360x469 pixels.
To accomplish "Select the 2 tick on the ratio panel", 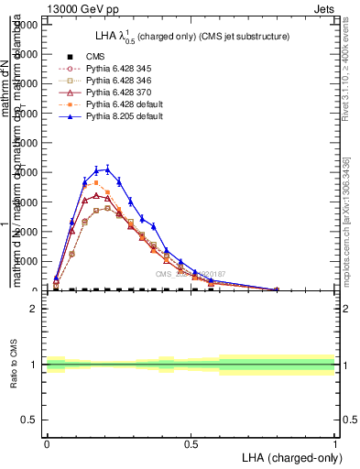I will point(36,309).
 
